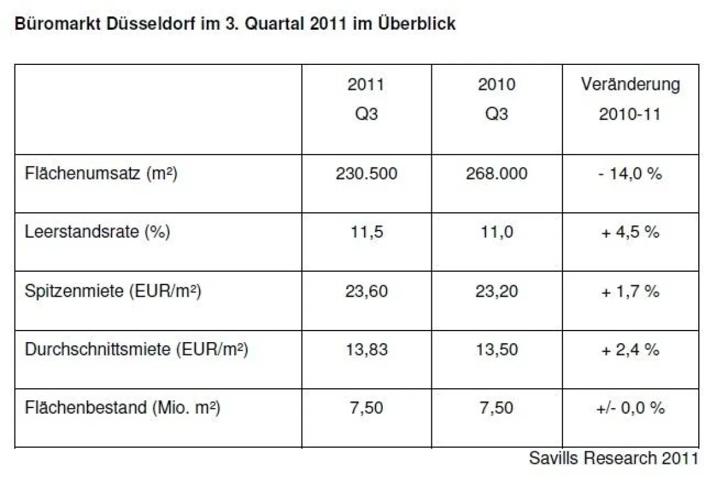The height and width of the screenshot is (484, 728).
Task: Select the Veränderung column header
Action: click(x=630, y=85)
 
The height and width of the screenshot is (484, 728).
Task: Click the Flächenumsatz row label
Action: click(x=101, y=174)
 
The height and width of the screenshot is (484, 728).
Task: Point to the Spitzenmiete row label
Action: click(x=113, y=291)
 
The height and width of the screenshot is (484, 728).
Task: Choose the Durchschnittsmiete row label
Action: click(x=136, y=350)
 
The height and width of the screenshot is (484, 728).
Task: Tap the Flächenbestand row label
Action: click(x=122, y=408)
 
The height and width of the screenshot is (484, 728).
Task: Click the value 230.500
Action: click(x=366, y=174)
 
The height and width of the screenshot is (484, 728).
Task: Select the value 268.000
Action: click(x=496, y=174)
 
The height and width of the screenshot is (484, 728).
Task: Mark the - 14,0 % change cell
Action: click(x=630, y=174)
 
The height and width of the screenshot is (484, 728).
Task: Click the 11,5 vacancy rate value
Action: click(x=366, y=232)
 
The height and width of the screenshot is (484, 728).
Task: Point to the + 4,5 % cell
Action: click(x=630, y=232)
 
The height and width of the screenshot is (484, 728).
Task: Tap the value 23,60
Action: click(x=366, y=291)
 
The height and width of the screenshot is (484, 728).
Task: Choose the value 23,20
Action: click(x=496, y=291)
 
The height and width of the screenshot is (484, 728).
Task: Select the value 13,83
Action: click(x=366, y=350)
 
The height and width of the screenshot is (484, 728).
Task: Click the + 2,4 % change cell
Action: click(x=630, y=350)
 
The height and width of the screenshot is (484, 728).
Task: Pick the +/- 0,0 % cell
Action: click(x=630, y=408)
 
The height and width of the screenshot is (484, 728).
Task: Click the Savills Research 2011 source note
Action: click(x=613, y=458)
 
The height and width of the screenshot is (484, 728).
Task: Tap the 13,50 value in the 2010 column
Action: click(x=496, y=350)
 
